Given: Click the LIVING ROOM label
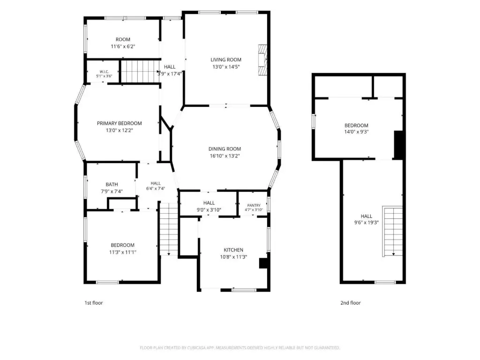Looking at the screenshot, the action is tap(226, 60).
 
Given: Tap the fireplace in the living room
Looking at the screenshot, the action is tap(262, 60).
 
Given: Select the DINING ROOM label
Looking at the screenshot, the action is tap(225, 149).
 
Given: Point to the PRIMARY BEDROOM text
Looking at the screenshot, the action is tap(120, 123).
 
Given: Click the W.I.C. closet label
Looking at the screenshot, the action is tap(104, 72).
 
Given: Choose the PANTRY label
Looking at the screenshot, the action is tap(254, 205).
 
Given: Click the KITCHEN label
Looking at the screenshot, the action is tap(233, 250).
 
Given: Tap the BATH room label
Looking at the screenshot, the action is tap(112, 184).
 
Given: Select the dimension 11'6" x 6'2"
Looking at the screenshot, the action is tap(123, 46).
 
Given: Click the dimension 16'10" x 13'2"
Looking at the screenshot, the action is tap(225, 156).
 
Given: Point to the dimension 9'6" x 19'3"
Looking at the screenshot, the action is tap(367, 223).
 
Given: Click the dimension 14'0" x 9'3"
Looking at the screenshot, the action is tap(356, 132).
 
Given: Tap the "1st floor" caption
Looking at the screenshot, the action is tap(94, 303).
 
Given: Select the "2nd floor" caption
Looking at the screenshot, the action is tap(351, 303).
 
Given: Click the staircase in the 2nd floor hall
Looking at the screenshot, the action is tap(392, 232).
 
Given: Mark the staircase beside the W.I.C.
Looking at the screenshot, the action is tap(139, 71).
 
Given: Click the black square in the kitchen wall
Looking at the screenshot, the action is tap(263, 263).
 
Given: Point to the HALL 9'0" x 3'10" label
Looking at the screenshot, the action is tap(209, 206).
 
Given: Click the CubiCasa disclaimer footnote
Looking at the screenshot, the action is tap(240, 348).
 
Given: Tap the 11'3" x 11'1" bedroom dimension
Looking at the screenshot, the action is tap(123, 252).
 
